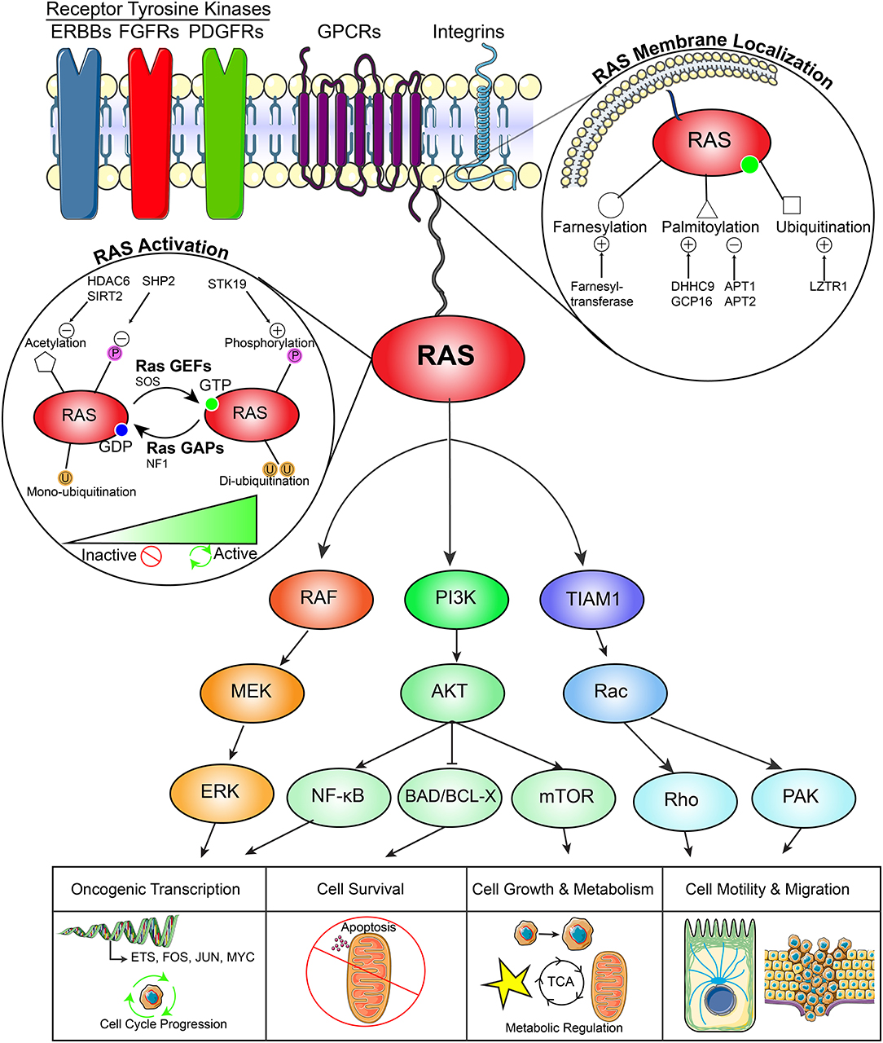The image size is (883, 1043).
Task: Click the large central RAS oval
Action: pos(447,355)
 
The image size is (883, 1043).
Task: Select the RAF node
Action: pos(320,599)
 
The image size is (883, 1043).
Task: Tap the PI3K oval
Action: pos(456,599)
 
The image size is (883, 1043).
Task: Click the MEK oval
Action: pos(251,692)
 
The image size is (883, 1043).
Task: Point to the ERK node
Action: pos(221,791)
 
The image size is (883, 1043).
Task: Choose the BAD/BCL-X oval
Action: pos(450,796)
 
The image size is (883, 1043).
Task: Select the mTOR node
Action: pos(565,796)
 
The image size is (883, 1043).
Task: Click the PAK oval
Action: pos(802,796)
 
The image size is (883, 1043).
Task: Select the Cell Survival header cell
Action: pos(361,889)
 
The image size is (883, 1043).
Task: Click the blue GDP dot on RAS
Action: pos(122,430)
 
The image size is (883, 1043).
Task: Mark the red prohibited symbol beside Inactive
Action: pos(152,557)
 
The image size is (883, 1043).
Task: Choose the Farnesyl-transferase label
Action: pos(602,294)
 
